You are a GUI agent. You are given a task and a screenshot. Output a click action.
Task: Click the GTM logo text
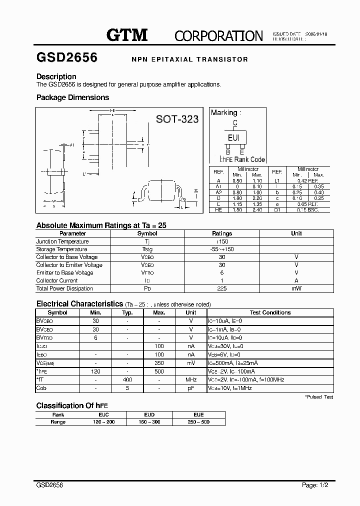(127, 35)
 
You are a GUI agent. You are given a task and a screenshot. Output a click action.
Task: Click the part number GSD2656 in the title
(67, 58)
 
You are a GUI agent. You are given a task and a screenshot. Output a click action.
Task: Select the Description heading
(56, 76)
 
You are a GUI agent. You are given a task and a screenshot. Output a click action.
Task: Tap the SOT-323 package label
(177, 119)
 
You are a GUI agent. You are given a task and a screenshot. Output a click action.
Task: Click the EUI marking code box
(233, 137)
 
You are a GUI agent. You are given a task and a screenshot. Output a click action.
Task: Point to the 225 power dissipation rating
(222, 288)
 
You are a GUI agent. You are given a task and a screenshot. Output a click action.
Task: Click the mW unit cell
(296, 288)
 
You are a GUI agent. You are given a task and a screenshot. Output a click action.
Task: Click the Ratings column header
(222, 233)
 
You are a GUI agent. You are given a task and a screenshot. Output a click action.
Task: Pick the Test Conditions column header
(270, 312)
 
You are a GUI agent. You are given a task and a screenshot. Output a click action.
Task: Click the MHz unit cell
(190, 380)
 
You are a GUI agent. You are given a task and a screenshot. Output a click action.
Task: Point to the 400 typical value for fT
(127, 380)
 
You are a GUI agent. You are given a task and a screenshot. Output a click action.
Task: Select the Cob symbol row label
(41, 388)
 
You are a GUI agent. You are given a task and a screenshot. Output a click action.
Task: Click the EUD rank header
(149, 414)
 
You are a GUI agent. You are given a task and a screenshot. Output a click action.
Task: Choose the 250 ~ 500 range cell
(198, 422)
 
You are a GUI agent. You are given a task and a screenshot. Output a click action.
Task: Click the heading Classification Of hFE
(72, 405)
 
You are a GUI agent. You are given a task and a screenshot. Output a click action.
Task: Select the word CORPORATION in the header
(218, 35)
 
